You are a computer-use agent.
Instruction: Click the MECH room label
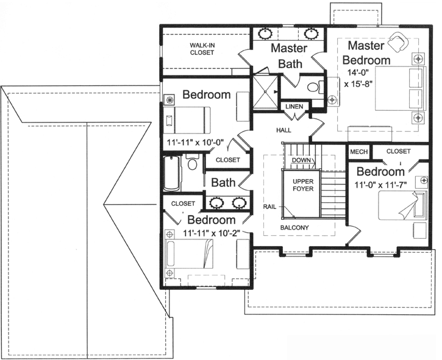click(x=358, y=151)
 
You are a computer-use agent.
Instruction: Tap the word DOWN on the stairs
click(x=301, y=160)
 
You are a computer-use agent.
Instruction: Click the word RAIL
click(x=269, y=206)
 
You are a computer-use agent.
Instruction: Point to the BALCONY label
click(x=294, y=228)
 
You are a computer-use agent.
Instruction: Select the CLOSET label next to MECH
click(x=398, y=151)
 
